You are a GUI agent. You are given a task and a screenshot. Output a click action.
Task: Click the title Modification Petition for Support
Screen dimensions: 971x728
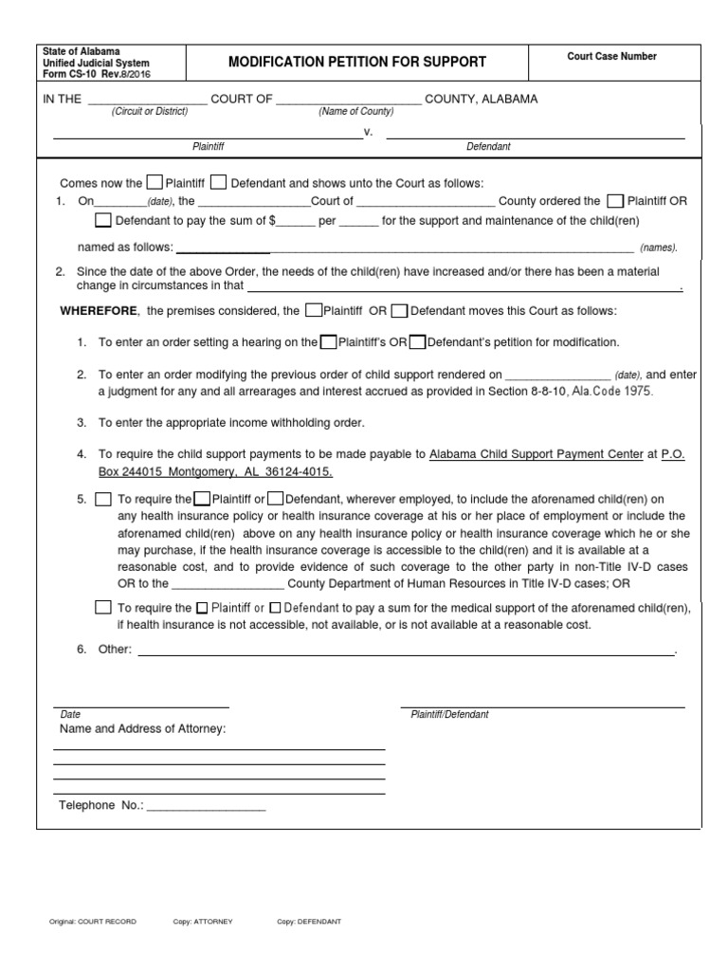click(357, 63)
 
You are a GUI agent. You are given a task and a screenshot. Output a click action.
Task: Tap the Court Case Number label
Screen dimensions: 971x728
click(611, 57)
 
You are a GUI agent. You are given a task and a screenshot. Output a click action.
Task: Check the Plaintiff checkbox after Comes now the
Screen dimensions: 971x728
click(155, 183)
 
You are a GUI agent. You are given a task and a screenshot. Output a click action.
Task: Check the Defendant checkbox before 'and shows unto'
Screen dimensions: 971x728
click(218, 183)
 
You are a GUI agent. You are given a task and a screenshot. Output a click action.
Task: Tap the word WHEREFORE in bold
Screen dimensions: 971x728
click(99, 311)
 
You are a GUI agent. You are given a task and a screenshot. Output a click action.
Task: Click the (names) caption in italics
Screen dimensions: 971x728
click(658, 247)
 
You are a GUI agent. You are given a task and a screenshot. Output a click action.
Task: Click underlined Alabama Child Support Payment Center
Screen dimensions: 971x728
click(537, 454)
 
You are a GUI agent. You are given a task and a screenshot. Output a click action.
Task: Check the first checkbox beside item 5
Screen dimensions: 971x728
click(103, 499)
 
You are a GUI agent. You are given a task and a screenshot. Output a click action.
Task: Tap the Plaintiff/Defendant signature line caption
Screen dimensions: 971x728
click(449, 714)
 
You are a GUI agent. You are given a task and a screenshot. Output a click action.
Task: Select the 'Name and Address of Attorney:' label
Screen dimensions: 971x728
click(143, 729)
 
